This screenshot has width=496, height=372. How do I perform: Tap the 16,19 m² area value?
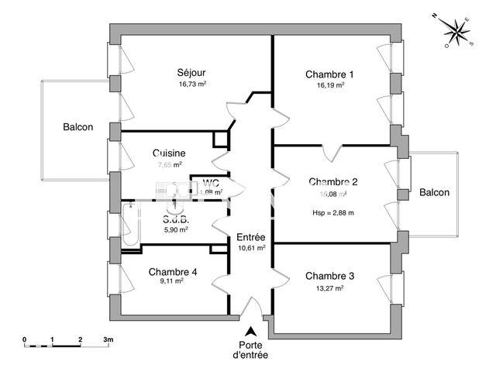[329, 85]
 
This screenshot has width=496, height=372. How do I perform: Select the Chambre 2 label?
[332, 182]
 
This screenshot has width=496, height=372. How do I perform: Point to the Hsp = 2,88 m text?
[332, 212]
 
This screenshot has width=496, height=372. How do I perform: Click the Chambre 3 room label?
[329, 276]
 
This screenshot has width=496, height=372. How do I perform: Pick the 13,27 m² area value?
[329, 288]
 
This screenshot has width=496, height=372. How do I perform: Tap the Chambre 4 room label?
[173, 272]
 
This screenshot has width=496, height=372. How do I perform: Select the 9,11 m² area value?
[173, 282]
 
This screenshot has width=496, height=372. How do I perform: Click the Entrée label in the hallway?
[251, 237]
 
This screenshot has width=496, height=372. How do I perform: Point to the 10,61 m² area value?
[251, 248]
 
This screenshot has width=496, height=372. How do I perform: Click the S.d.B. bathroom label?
[176, 219]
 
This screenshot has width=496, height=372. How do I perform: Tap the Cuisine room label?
[168, 153]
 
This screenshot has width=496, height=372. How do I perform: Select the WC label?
[211, 183]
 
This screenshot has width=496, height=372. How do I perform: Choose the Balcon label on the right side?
[435, 192]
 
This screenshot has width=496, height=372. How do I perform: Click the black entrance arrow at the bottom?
[250, 331]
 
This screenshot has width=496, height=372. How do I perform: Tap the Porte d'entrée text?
[250, 350]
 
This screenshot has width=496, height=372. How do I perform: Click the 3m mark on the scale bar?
[108, 339]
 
